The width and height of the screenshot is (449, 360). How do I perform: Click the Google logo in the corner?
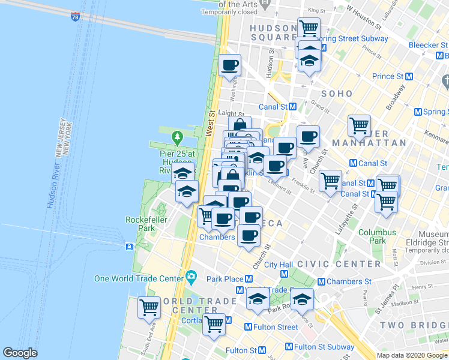pos(20,353)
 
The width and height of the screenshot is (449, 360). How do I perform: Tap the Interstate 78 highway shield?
pos(75,17)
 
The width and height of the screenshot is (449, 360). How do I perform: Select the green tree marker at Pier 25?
pos(177,138)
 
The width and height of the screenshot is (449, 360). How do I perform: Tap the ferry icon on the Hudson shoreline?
pos(130,247)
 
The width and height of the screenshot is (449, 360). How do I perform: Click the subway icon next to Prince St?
pos(409,76)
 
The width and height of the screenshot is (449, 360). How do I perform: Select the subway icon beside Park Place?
pos(248,279)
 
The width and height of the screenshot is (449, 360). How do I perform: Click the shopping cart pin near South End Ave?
pos(149,307)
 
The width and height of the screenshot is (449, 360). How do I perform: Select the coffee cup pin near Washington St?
pos(229,66)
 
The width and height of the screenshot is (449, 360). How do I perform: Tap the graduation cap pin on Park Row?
pos(302,299)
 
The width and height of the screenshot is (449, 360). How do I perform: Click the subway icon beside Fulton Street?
pos(248,327)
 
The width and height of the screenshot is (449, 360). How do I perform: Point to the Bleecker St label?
pos(421,45)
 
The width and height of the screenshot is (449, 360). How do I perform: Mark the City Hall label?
pos(278,264)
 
